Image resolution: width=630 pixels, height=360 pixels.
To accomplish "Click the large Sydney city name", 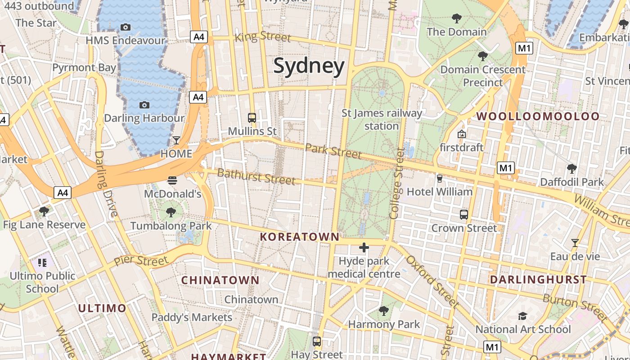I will pyautogui.click(x=309, y=66).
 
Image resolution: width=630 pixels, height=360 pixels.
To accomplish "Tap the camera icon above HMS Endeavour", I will pyautogui.click(x=126, y=27).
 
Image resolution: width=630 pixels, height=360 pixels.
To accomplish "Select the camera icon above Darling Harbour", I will pyautogui.click(x=144, y=105).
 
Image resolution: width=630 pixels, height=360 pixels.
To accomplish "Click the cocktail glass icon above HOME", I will pyautogui.click(x=176, y=140).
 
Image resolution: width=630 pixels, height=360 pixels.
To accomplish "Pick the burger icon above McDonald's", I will pyautogui.click(x=172, y=180).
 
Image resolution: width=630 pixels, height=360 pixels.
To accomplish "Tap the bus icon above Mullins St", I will pyautogui.click(x=252, y=118).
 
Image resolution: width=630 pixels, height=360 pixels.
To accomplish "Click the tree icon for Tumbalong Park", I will pyautogui.click(x=171, y=212).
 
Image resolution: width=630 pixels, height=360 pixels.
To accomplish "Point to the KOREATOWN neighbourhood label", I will pyautogui.click(x=300, y=237).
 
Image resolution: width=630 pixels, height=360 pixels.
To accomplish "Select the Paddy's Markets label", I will pyautogui.click(x=192, y=317).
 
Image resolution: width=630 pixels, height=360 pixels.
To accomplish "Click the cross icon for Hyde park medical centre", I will pyautogui.click(x=364, y=247).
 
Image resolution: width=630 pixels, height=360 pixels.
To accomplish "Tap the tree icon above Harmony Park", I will pyautogui.click(x=384, y=310).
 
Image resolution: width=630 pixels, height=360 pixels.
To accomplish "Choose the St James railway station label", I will pyautogui.click(x=382, y=119).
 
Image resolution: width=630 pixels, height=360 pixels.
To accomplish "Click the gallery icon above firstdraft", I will pyautogui.click(x=461, y=134).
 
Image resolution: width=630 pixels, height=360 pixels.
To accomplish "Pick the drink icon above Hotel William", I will pyautogui.click(x=440, y=179).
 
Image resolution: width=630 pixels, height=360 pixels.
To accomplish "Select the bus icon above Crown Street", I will pyautogui.click(x=464, y=214).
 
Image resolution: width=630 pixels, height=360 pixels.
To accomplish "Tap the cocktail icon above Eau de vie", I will pyautogui.click(x=575, y=243).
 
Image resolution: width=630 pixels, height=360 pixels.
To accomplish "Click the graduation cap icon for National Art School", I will pyautogui.click(x=522, y=316).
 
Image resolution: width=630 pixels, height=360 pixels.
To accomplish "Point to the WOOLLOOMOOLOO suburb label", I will pyautogui.click(x=538, y=116).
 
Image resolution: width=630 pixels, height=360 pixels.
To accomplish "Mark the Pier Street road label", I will pyautogui.click(x=141, y=261).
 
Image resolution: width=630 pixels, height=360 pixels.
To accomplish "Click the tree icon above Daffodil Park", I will pyautogui.click(x=571, y=169).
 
